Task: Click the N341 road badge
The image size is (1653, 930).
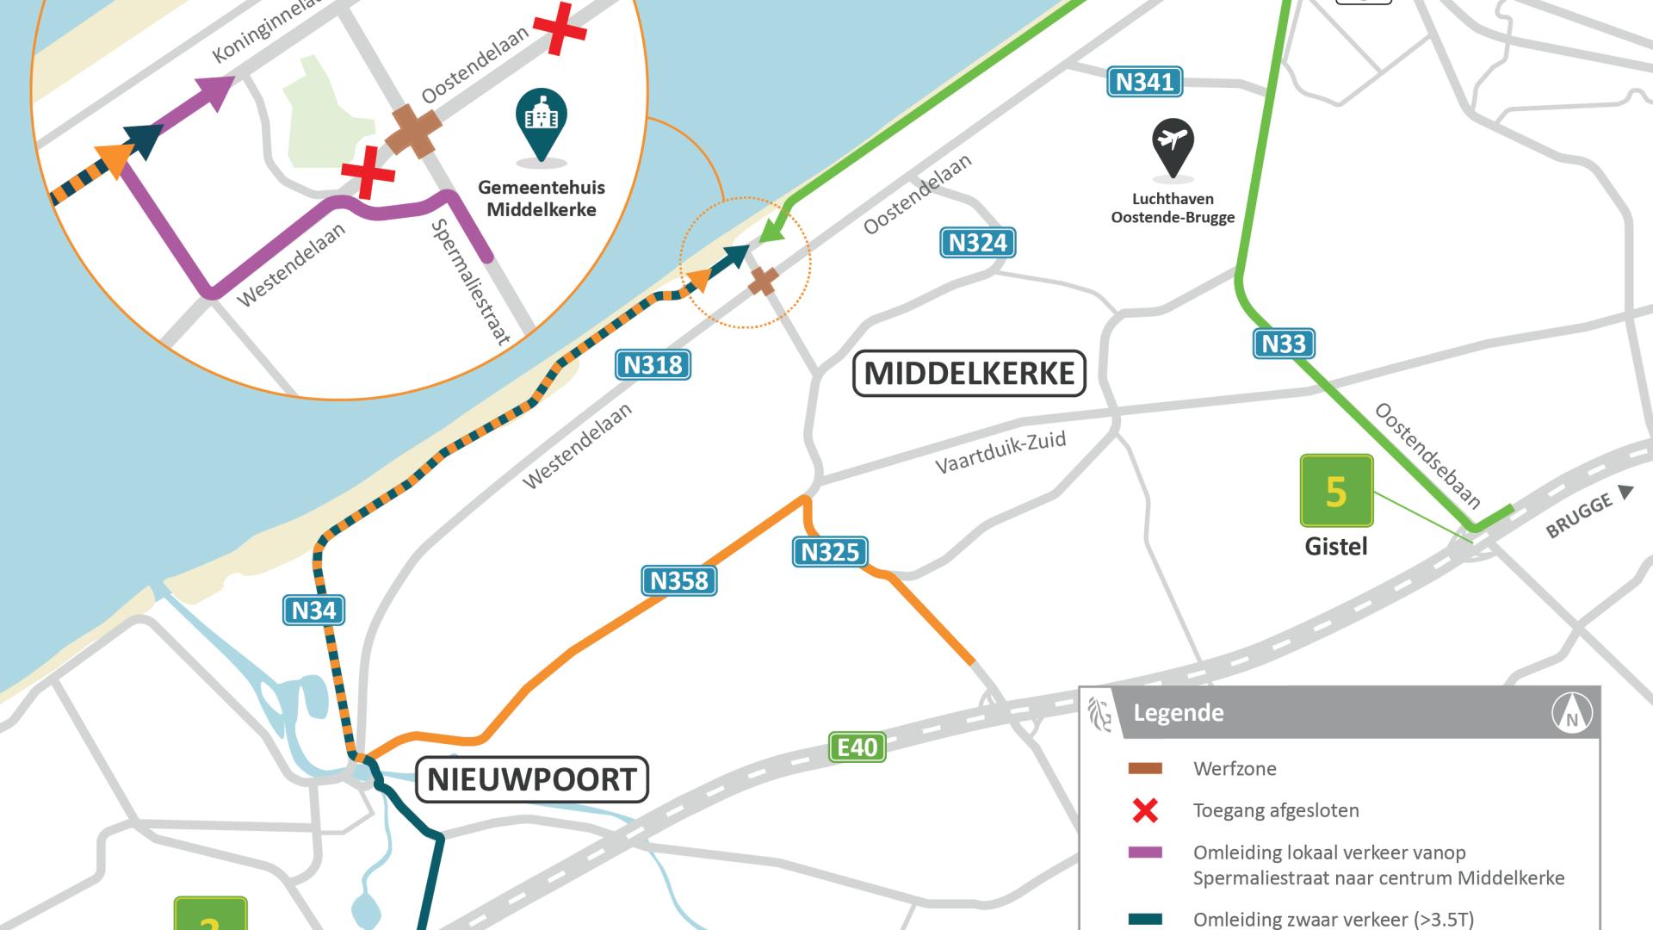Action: tap(1144, 82)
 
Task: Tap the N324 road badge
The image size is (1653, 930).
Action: tap(977, 243)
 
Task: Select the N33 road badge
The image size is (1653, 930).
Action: tap(1283, 344)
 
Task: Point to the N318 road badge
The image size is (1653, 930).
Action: tap(653, 365)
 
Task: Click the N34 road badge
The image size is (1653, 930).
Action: tap(313, 611)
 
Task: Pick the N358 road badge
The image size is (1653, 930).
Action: tap(678, 580)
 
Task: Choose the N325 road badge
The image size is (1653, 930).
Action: tap(829, 552)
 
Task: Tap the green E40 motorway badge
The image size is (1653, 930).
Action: tap(857, 747)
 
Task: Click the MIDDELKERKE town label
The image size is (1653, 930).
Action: tap(969, 374)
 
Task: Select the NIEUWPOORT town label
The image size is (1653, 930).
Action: tap(532, 779)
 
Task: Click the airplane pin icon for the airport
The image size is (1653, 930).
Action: tap(1173, 146)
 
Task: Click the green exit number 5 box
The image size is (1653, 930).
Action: tap(1336, 491)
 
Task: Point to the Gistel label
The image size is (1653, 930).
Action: tap(1335, 547)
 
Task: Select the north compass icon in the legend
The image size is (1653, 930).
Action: tap(1571, 713)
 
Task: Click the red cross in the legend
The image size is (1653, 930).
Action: tap(1145, 810)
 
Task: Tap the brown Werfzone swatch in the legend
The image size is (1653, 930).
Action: tap(1145, 768)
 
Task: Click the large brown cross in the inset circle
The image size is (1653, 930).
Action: tap(413, 132)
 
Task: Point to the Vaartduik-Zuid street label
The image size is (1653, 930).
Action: tap(1000, 453)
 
